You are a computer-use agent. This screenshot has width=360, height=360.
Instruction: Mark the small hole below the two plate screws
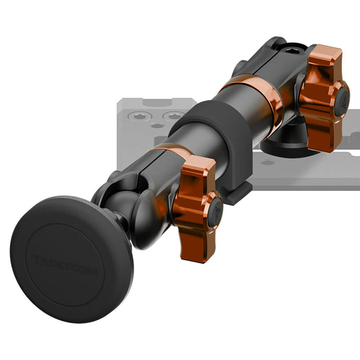pos(158,125)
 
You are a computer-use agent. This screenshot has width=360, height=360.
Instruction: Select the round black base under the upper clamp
pos(282,145)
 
